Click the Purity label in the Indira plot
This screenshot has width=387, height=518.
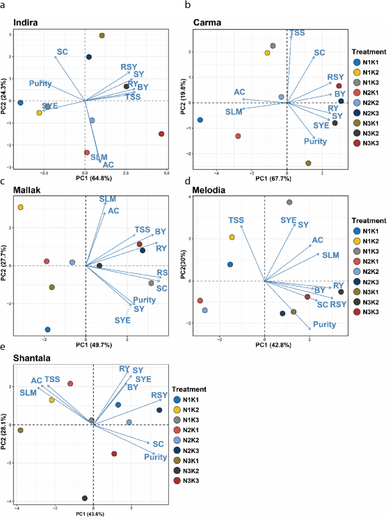click(x=41, y=84)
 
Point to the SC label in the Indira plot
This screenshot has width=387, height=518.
click(x=62, y=52)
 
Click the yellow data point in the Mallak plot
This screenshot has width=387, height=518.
click(x=20, y=207)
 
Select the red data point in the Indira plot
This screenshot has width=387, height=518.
click(x=162, y=134)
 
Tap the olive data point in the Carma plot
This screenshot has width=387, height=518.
click(x=308, y=163)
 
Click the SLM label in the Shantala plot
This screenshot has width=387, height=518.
click(x=28, y=392)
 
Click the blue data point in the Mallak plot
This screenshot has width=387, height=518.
click(x=47, y=329)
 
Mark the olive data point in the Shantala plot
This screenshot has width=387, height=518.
click(x=20, y=430)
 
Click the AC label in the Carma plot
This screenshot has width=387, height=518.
click(x=239, y=92)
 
